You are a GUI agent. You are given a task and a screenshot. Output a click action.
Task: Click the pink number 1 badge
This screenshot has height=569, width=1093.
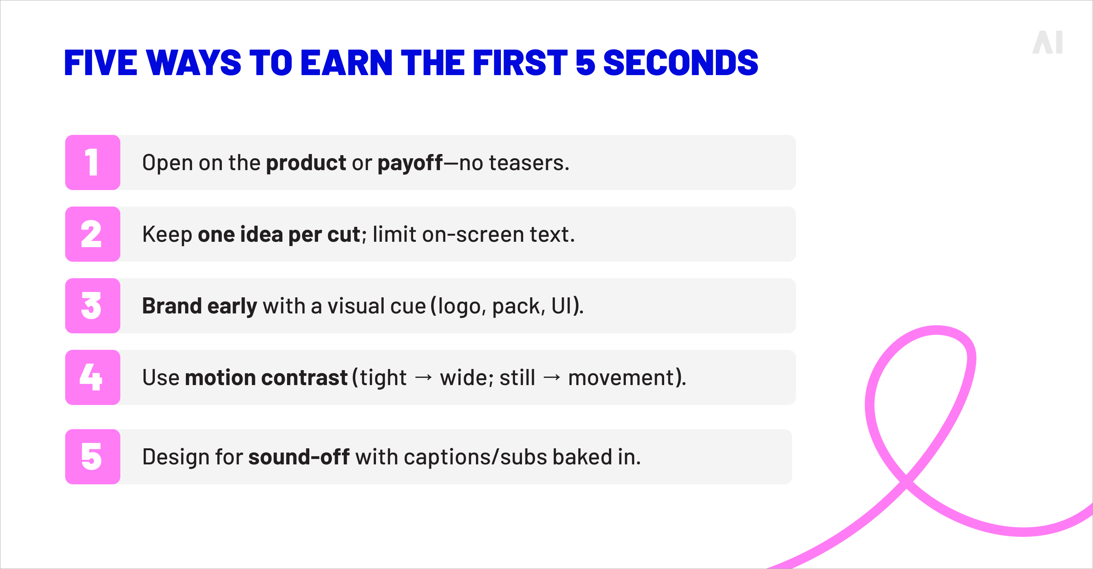[92, 162]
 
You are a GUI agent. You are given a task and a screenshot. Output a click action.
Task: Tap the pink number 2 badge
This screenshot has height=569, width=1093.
[92, 234]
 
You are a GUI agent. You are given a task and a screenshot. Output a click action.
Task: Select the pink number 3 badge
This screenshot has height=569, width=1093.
[92, 306]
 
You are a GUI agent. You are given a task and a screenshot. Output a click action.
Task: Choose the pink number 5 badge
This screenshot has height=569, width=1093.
[92, 457]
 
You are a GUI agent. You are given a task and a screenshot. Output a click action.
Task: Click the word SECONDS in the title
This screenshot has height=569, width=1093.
[680, 63]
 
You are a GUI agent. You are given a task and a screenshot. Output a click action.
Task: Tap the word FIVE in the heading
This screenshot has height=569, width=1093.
[100, 63]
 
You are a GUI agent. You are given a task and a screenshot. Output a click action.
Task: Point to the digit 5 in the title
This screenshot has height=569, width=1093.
[585, 63]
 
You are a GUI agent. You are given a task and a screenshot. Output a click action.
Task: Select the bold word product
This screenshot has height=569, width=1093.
[305, 163]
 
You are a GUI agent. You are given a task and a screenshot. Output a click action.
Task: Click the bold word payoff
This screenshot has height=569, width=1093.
[410, 163]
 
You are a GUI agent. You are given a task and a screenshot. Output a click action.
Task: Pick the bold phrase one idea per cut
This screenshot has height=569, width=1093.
[279, 234]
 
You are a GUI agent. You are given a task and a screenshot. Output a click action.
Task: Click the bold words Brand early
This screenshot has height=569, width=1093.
[199, 306]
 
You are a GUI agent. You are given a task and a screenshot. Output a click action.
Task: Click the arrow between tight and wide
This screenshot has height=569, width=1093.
[423, 378]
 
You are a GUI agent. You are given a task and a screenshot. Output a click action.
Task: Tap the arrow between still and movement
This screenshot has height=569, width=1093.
[551, 378]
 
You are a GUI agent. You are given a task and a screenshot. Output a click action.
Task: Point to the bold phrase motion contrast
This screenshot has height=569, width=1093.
[266, 378]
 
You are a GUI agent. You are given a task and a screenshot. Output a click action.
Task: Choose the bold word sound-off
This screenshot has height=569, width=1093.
[299, 457]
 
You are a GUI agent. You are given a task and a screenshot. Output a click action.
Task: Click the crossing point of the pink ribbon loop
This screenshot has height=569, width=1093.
[906, 482]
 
